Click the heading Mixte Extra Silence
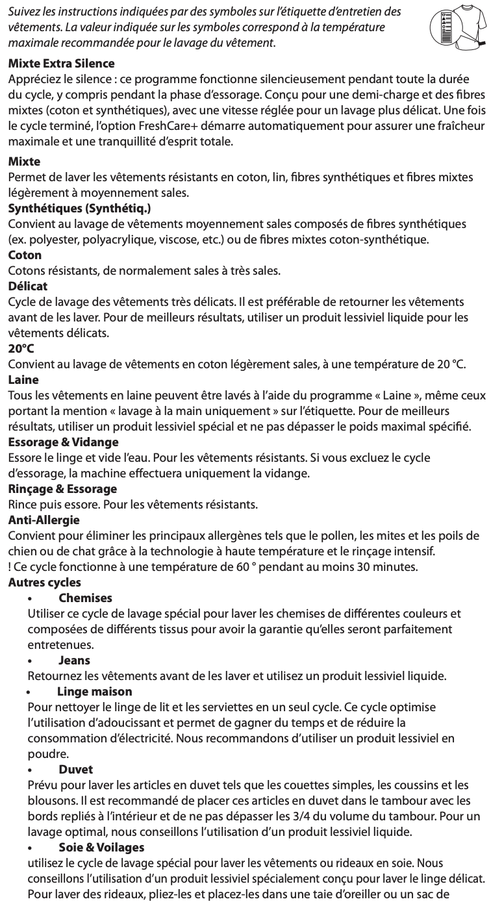pyautogui.click(x=61, y=64)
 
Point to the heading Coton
pyautogui.click(x=25, y=255)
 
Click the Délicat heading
pyautogui.click(x=28, y=286)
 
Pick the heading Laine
pyautogui.click(x=23, y=379)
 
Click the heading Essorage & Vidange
pyautogui.click(x=63, y=442)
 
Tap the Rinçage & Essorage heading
pyautogui.click(x=62, y=488)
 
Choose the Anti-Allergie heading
pyautogui.click(x=43, y=520)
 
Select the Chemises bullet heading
pyautogui.click(x=85, y=598)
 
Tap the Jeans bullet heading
pyautogui.click(x=74, y=660)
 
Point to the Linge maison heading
pyautogui.click(x=94, y=691)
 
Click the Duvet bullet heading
pyautogui.click(x=75, y=769)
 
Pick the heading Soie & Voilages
pyautogui.click(x=101, y=847)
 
